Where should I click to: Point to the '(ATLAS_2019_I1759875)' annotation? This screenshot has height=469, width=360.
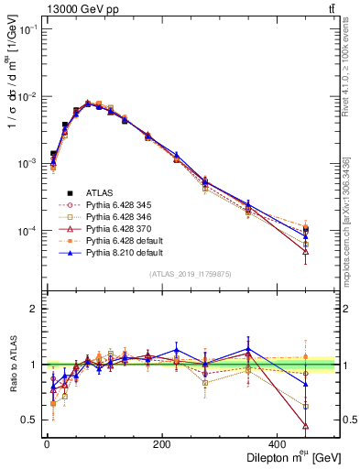point(191,274)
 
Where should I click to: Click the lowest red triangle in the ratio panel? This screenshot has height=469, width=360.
point(331,426)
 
